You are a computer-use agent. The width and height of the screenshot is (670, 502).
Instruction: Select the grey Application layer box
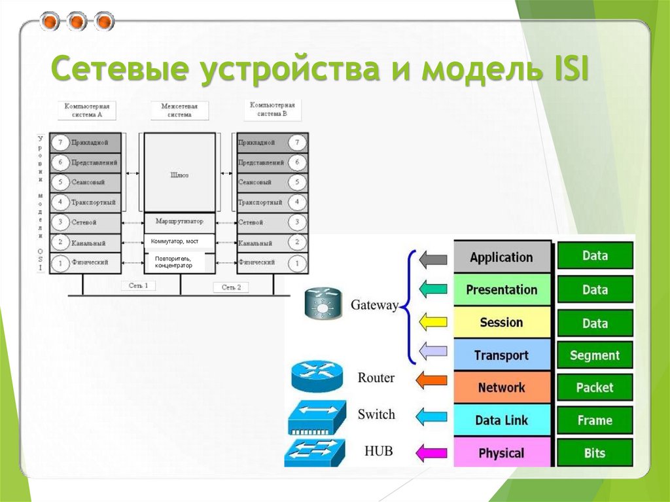tap(502, 257)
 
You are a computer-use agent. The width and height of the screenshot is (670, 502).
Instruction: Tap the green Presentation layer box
tap(502, 290)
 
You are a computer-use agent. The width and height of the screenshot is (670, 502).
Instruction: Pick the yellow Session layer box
tap(502, 323)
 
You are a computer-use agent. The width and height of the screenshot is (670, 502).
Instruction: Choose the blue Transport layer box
tap(502, 355)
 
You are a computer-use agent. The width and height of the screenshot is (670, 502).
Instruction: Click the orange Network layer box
tap(502, 387)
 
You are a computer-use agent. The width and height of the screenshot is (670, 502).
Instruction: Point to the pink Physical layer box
tap(502, 453)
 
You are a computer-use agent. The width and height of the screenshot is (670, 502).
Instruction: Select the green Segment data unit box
tap(595, 355)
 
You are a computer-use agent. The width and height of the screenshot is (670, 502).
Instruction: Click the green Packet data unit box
tap(595, 387)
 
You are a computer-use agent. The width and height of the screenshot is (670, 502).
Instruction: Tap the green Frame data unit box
tap(595, 420)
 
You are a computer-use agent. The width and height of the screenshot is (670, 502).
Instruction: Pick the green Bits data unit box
tap(595, 453)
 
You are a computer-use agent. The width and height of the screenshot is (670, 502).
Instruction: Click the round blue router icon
tap(316, 378)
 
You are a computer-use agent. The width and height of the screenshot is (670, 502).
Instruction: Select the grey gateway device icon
tap(323, 304)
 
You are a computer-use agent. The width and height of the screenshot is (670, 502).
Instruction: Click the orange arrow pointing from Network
tap(431, 379)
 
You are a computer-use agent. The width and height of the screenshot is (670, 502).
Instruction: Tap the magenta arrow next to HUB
tap(431, 452)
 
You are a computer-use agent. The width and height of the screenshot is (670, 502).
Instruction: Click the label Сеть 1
tap(138, 286)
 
